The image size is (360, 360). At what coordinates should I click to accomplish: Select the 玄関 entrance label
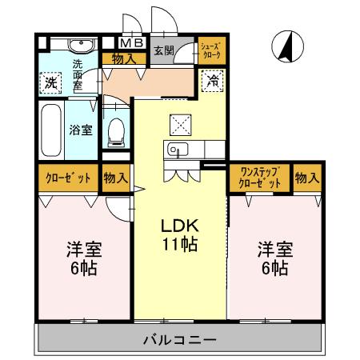(163, 50)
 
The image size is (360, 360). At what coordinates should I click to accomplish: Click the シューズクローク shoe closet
(212, 50)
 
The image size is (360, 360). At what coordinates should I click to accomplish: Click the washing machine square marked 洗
(50, 82)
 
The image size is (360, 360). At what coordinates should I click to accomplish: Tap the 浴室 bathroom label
(79, 130)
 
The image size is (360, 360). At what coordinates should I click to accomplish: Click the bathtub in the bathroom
(51, 130)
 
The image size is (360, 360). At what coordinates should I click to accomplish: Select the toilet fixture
(116, 130)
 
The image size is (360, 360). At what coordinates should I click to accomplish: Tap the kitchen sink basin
(175, 149)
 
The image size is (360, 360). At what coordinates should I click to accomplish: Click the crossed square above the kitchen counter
(178, 122)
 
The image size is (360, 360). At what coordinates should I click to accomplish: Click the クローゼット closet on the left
(68, 178)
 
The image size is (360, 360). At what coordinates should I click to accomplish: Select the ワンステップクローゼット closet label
(259, 178)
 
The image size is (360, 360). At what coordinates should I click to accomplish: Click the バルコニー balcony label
(180, 339)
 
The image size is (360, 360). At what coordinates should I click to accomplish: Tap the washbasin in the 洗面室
(78, 45)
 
